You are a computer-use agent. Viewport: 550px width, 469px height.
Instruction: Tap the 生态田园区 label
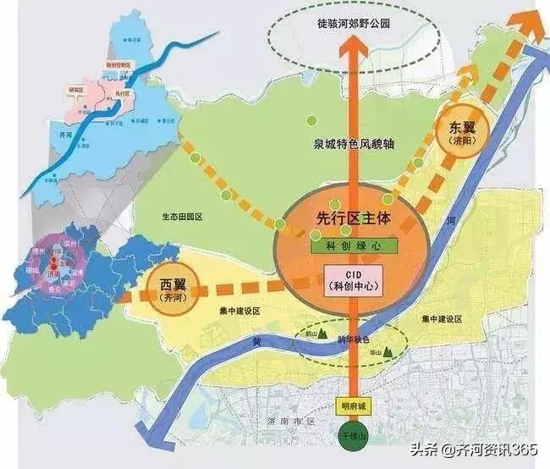[183, 218]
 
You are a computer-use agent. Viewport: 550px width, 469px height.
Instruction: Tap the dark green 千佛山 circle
[349, 438]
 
